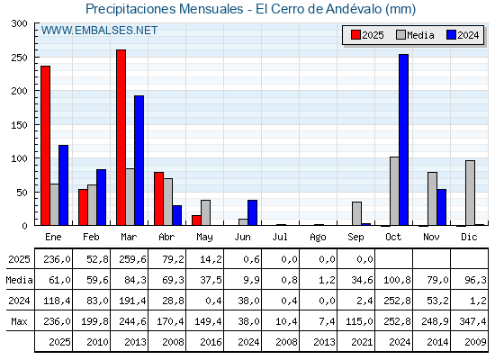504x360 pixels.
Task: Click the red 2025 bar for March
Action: [x=121, y=138]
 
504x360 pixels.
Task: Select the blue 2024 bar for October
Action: [x=404, y=139]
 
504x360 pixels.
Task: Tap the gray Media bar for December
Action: [x=470, y=193]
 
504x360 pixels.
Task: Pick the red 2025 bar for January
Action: [x=45, y=146]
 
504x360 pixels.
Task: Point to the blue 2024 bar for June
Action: [x=252, y=212]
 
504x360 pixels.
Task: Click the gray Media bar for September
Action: [x=356, y=214]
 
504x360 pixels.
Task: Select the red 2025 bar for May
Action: [x=196, y=220]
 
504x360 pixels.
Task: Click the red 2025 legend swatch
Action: [x=355, y=35]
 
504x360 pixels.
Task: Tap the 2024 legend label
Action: [x=468, y=35]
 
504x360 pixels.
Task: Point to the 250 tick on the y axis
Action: [x=19, y=58]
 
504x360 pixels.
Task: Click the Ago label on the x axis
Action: [x=318, y=238]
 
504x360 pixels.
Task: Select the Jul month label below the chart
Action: [x=280, y=237]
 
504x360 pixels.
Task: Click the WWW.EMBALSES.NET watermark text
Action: [x=99, y=31]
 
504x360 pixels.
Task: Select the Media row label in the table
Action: [x=19, y=280]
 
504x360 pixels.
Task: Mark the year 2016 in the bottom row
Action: [x=211, y=342]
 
